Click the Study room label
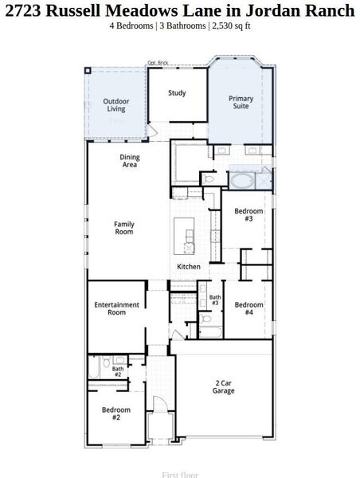click(x=177, y=93)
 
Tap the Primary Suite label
click(x=242, y=103)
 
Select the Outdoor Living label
click(x=116, y=104)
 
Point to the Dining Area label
click(x=130, y=161)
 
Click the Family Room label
click(x=124, y=228)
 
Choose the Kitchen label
click(x=189, y=266)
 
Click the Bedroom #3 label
click(x=244, y=214)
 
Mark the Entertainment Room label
click(x=116, y=308)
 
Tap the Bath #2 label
click(x=118, y=371)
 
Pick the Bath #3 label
click(x=215, y=300)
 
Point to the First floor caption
click(x=180, y=474)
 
